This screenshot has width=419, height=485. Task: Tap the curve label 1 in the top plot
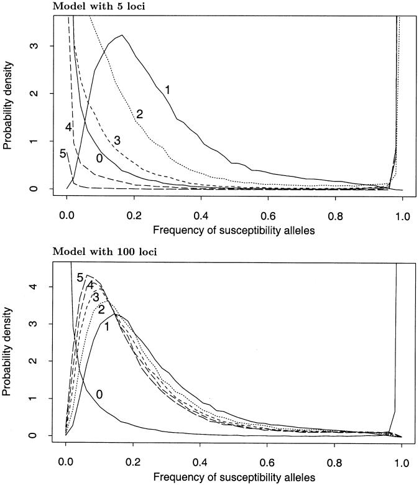click(x=167, y=90)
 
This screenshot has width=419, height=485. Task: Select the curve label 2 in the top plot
click(x=140, y=114)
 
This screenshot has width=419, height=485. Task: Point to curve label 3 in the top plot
click(x=117, y=141)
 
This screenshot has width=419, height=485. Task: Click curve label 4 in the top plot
click(x=69, y=129)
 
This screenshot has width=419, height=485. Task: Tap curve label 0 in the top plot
click(x=98, y=159)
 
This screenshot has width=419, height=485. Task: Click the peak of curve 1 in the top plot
click(x=122, y=35)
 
